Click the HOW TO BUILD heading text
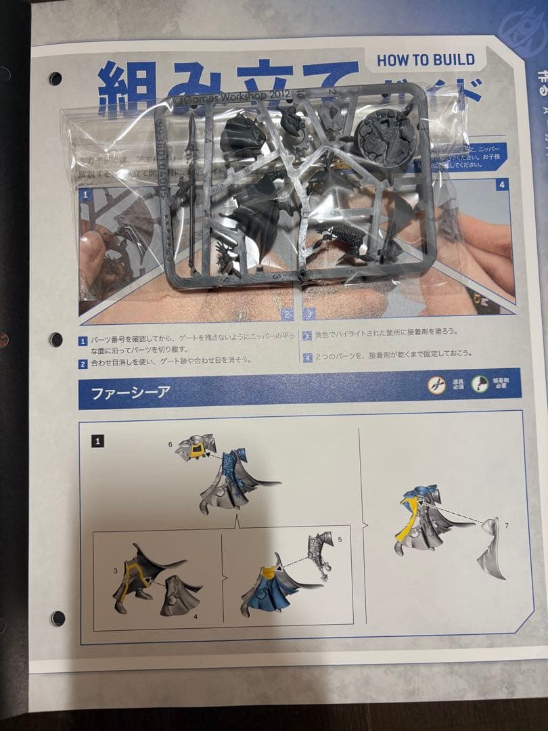[426, 60]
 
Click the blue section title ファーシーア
[121, 392]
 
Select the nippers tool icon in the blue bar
[436, 385]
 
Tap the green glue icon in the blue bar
[480, 385]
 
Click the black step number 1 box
[97, 441]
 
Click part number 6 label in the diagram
[170, 443]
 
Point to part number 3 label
[116, 571]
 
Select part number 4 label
[195, 616]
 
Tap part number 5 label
[340, 539]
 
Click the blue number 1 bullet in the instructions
[83, 341]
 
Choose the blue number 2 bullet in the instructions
[83, 364]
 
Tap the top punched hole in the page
[55, 79]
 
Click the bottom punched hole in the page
[58, 618]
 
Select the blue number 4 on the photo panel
[501, 184]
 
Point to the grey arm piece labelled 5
[318, 555]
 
